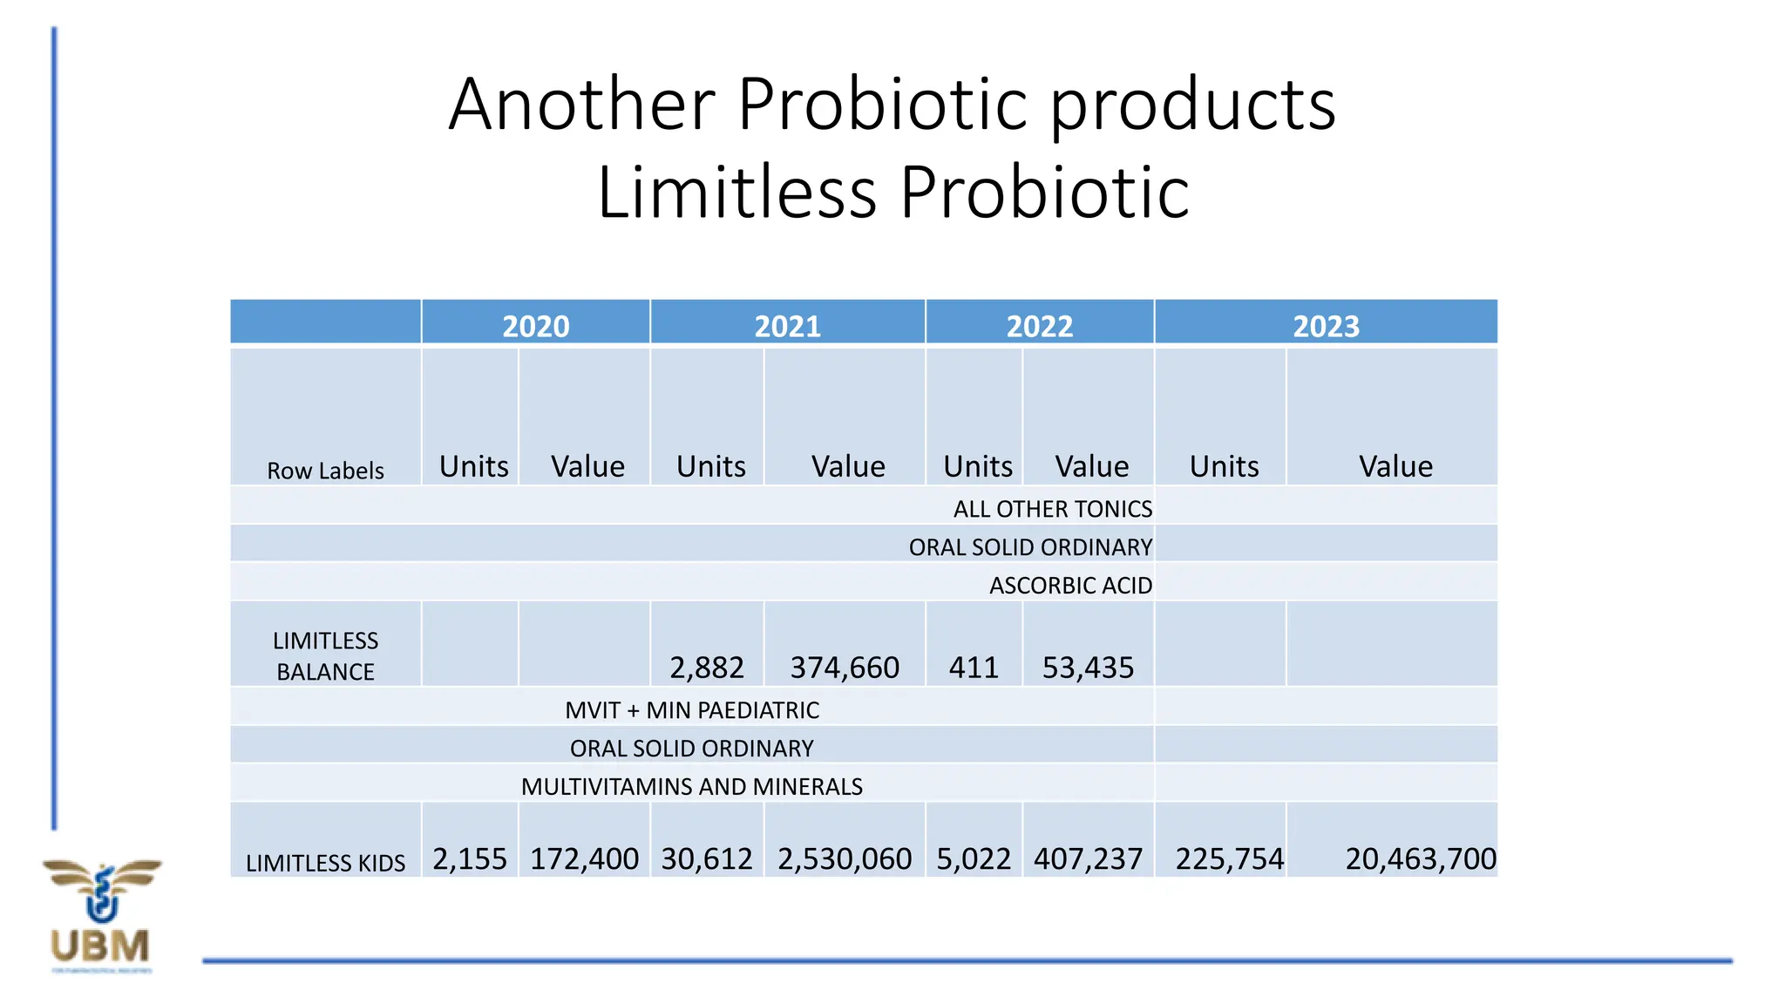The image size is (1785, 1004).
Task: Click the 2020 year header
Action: [535, 326]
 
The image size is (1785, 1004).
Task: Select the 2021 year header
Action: [787, 326]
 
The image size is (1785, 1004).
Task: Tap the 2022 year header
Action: [1039, 326]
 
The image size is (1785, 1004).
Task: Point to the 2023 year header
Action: [1326, 326]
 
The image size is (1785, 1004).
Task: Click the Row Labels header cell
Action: [325, 471]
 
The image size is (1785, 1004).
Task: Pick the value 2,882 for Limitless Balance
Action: [706, 668]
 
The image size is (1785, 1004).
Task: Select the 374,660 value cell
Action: [844, 668]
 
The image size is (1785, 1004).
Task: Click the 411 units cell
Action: [974, 668]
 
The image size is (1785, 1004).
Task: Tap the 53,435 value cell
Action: [1088, 668]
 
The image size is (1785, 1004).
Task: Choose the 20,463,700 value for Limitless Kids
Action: [1420, 859]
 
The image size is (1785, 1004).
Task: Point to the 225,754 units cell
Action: [1229, 859]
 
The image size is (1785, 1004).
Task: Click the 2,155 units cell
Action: [470, 859]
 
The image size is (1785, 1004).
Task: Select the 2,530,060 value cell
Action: [844, 859]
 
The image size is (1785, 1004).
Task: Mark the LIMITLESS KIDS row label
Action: [325, 863]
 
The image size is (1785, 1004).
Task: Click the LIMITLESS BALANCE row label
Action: [325, 656]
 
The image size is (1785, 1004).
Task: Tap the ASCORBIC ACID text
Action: [1070, 586]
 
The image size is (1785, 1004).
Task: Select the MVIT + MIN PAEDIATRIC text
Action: [692, 710]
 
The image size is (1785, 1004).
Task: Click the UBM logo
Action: [101, 915]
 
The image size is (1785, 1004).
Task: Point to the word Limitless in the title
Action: [736, 193]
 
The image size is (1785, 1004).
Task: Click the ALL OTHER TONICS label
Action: [1052, 509]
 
